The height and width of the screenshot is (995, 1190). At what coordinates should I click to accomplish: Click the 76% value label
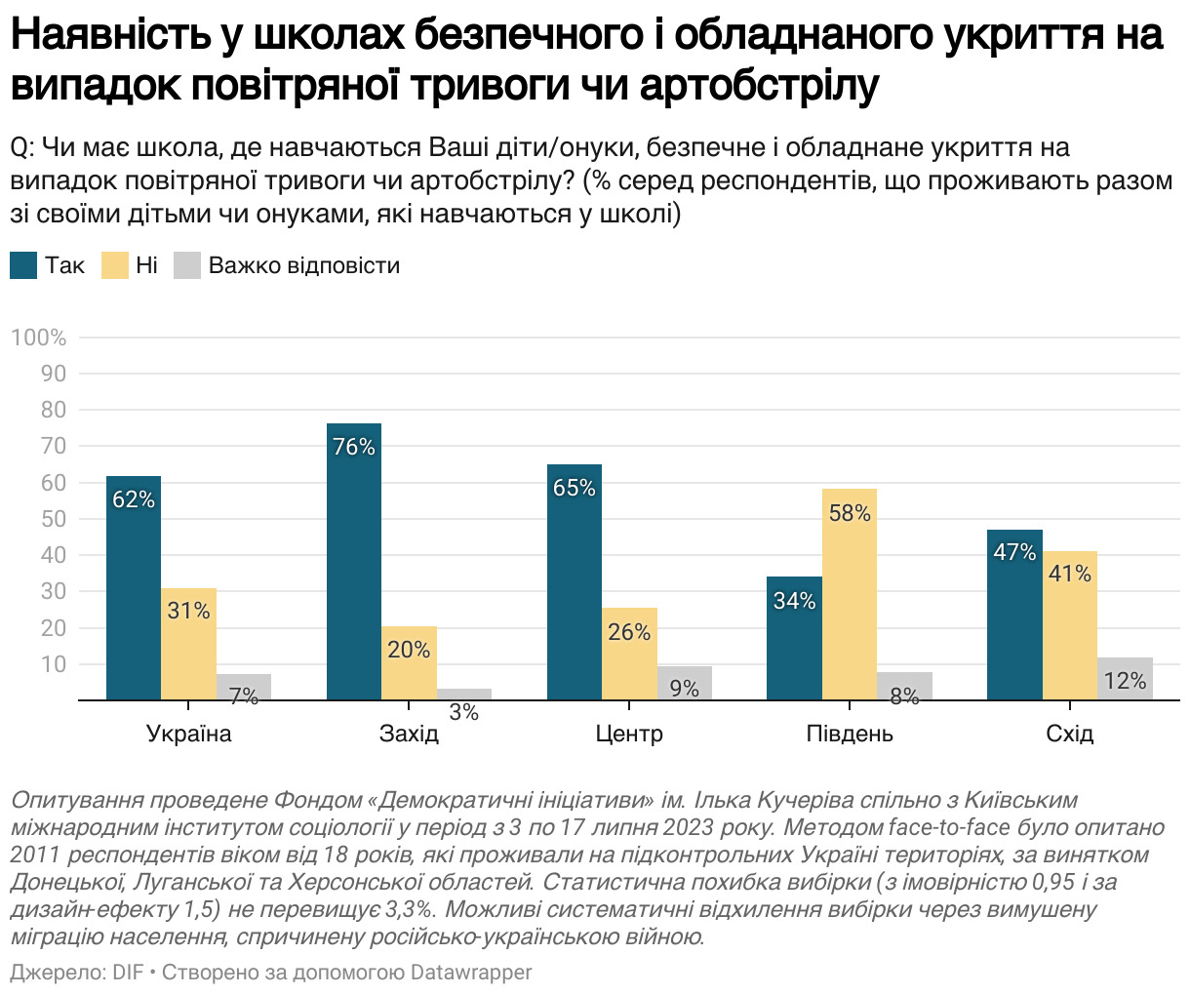click(x=354, y=447)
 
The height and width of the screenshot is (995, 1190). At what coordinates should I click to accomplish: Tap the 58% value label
click(x=849, y=513)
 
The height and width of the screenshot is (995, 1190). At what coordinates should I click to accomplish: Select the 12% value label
click(x=1125, y=681)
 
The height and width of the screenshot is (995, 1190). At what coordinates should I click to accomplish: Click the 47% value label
click(x=1014, y=552)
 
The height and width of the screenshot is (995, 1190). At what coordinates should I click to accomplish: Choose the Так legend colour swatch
click(x=23, y=265)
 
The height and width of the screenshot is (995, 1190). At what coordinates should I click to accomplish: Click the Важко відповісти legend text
click(x=303, y=265)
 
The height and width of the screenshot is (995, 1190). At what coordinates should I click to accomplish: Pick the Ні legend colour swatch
click(x=114, y=265)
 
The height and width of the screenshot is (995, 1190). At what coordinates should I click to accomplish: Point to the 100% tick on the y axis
click(x=39, y=338)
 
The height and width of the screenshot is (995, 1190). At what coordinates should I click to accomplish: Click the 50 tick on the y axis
click(x=55, y=519)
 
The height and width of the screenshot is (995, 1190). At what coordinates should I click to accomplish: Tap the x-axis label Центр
click(x=629, y=734)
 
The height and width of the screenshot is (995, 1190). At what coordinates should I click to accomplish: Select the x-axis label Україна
click(x=188, y=734)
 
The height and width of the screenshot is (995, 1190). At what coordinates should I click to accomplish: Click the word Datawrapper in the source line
click(x=471, y=973)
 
